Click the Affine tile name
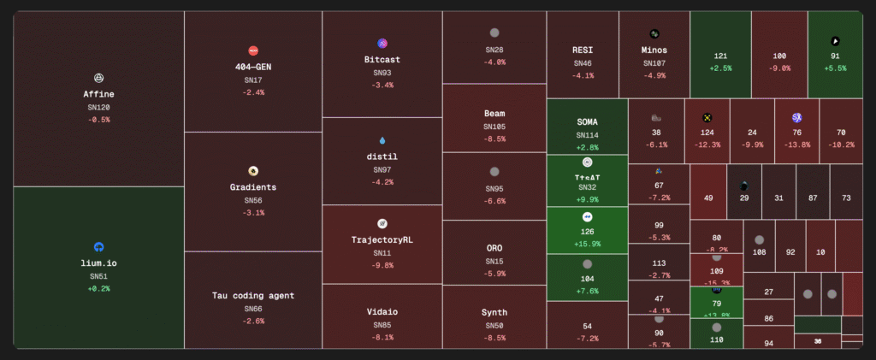click(x=98, y=94)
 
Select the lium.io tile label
click(x=98, y=263)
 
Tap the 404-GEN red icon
click(x=253, y=51)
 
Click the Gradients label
click(x=253, y=186)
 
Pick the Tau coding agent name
click(x=253, y=295)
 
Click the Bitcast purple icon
click(x=382, y=44)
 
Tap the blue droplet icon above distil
click(x=382, y=140)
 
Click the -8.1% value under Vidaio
click(x=382, y=337)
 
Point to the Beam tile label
click(x=494, y=113)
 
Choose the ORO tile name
click(x=494, y=248)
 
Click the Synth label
click(x=494, y=312)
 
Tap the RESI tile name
click(x=583, y=50)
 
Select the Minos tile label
click(x=654, y=50)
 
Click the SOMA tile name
click(x=588, y=121)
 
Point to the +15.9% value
click(x=588, y=244)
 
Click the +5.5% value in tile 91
click(x=835, y=68)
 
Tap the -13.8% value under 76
click(x=796, y=145)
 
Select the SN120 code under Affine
click(x=98, y=107)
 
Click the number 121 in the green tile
click(x=721, y=56)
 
